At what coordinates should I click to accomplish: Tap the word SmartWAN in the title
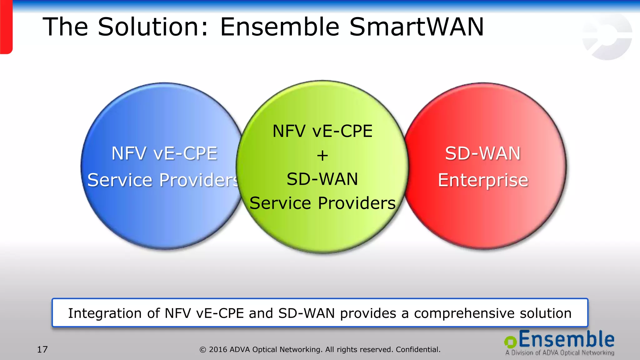416,27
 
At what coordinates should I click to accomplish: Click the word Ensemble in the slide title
280,27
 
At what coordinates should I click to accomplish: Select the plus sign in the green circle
322,156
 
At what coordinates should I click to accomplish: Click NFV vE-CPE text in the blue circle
164,153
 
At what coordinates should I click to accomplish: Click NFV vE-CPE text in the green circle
322,131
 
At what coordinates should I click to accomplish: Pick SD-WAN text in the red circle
483,153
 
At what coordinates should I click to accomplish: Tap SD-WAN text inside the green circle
322,179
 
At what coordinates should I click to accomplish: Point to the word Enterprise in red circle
483,180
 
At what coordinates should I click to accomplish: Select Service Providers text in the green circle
322,203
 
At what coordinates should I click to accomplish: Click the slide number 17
42,349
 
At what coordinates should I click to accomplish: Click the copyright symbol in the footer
203,350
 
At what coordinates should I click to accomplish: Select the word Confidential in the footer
418,349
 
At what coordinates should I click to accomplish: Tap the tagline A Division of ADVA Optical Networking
559,353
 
